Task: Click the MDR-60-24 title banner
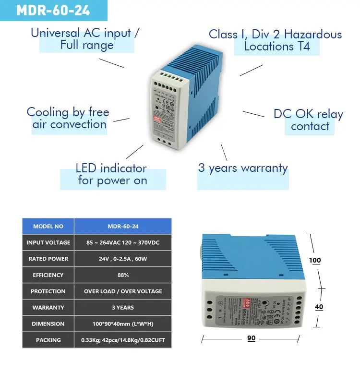53,11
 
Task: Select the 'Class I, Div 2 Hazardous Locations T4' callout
275,40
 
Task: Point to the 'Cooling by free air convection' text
68,118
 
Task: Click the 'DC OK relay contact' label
308,120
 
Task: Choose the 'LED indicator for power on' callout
112,174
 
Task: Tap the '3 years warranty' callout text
243,168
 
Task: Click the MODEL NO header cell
48,226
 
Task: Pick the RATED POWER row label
48,259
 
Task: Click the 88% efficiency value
123,275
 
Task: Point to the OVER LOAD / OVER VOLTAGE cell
123,291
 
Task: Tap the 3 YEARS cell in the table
123,308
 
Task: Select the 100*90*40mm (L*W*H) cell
123,324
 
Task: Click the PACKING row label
48,340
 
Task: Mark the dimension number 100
315,261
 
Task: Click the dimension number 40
319,307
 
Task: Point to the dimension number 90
251,338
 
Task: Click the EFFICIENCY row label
48,275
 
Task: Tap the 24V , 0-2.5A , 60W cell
123,259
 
